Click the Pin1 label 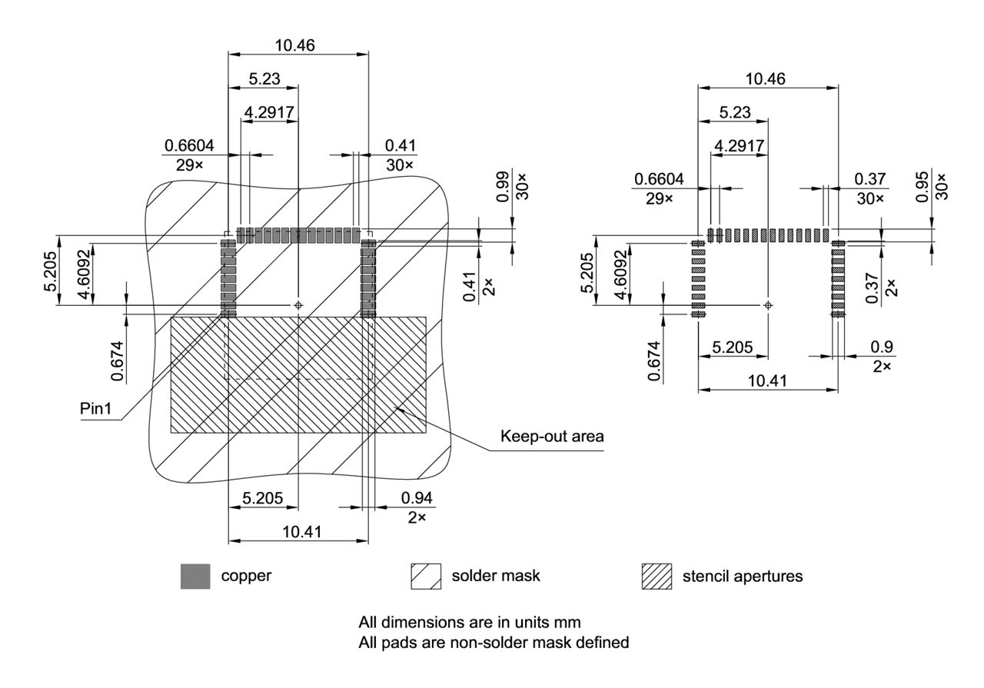pyautogui.click(x=96, y=409)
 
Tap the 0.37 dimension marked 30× pyautogui.click(x=870, y=178)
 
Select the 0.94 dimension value pyautogui.click(x=417, y=499)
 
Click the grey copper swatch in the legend pyautogui.click(x=195, y=576)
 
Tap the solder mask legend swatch pyautogui.click(x=426, y=576)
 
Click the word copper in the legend pyautogui.click(x=246, y=576)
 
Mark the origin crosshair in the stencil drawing pyautogui.click(x=767, y=305)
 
